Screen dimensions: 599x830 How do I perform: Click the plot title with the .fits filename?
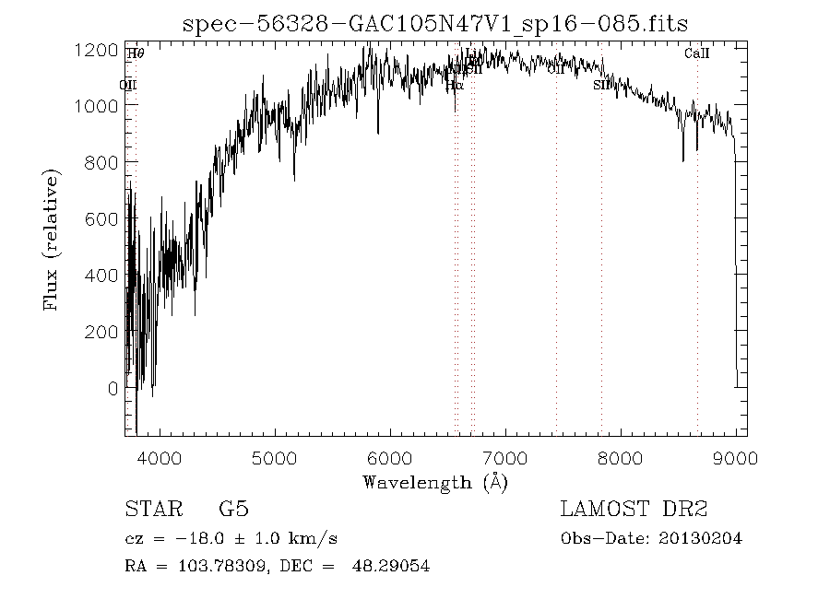click(x=435, y=23)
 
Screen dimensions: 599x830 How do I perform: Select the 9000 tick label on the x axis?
click(x=735, y=458)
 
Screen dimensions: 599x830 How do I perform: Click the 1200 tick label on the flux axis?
click(x=95, y=49)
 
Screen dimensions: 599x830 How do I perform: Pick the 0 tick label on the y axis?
click(x=112, y=388)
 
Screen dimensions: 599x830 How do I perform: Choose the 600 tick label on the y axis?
click(x=101, y=218)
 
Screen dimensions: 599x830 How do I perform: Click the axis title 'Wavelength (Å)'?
click(x=435, y=481)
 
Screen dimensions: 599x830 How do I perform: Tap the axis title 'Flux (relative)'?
click(x=52, y=240)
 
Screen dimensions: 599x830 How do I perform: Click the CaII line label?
click(x=697, y=53)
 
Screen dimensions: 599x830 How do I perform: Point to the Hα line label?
click(x=454, y=84)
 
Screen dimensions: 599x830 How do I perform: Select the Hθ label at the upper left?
click(x=136, y=53)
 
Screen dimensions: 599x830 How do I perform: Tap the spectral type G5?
click(x=232, y=509)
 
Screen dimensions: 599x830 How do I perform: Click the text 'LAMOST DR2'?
click(x=634, y=509)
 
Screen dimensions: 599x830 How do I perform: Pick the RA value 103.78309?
click(x=209, y=566)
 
